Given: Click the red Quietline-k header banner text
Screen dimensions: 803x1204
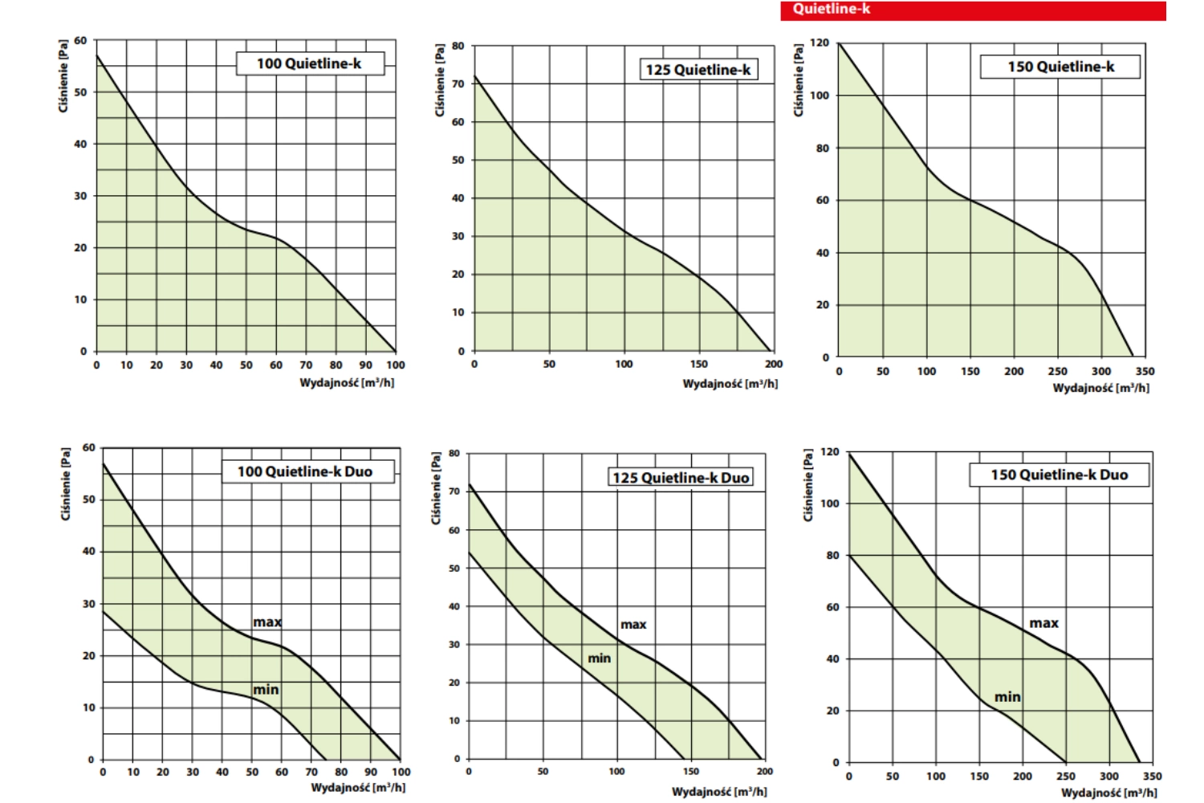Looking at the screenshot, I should [x=832, y=10].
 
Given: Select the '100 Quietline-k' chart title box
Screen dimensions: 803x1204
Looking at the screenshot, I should [x=309, y=63].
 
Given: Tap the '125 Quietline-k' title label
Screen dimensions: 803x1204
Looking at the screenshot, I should [x=698, y=70].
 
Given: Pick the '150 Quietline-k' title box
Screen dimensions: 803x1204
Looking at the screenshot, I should [x=1060, y=67].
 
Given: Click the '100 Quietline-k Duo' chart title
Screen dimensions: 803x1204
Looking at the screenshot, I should [x=305, y=471].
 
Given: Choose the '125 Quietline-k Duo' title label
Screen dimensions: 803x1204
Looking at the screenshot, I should [x=681, y=478].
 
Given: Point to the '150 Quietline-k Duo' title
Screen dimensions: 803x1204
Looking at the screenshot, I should [x=1059, y=475].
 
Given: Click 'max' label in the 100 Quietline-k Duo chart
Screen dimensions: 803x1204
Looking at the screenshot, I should [x=267, y=622].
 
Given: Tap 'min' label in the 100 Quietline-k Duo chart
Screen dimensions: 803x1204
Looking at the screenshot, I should [x=266, y=690].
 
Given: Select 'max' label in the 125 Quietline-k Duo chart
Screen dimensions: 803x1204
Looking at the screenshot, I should [x=633, y=625].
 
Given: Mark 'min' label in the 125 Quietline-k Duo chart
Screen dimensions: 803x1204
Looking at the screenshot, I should [x=600, y=658].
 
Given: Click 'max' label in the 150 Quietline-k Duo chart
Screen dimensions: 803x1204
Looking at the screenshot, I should [x=1043, y=623].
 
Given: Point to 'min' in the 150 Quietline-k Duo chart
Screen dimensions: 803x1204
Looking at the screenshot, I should [x=1007, y=697].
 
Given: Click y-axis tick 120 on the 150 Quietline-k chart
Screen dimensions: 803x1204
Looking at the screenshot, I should [x=820, y=43].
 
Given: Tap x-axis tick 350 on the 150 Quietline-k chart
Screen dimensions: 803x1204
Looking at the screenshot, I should [x=1145, y=371].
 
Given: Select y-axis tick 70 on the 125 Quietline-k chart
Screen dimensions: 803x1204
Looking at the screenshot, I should [x=458, y=84].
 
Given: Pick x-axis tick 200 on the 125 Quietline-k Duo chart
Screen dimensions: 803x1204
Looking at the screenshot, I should [x=765, y=772].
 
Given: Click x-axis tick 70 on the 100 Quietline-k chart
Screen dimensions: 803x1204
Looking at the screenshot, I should [x=306, y=365].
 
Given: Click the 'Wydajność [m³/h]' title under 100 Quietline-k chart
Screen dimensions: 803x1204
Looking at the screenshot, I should [x=347, y=383].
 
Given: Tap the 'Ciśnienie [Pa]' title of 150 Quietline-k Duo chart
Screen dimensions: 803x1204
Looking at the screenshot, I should [x=809, y=486].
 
